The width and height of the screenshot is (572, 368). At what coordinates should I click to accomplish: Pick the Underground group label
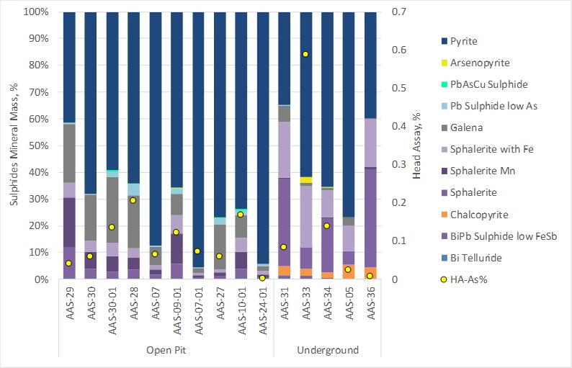pos(328,350)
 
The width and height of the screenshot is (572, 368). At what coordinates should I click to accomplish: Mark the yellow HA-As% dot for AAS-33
pos(306,54)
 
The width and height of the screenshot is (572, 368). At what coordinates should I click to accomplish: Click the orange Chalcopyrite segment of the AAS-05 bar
pos(349,271)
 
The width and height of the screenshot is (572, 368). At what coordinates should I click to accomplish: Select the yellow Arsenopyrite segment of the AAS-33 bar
pos(306,180)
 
